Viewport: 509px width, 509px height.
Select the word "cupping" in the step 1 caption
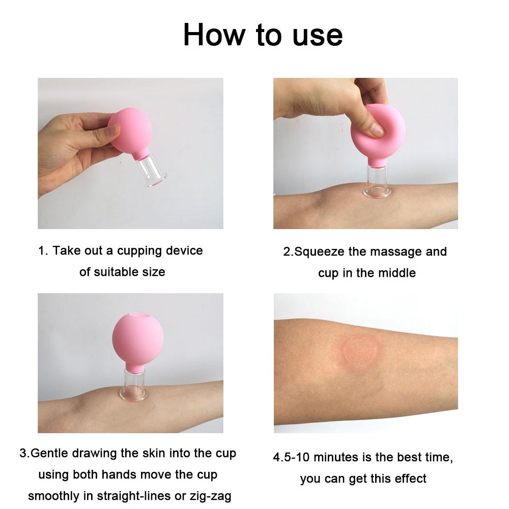[138, 251]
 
